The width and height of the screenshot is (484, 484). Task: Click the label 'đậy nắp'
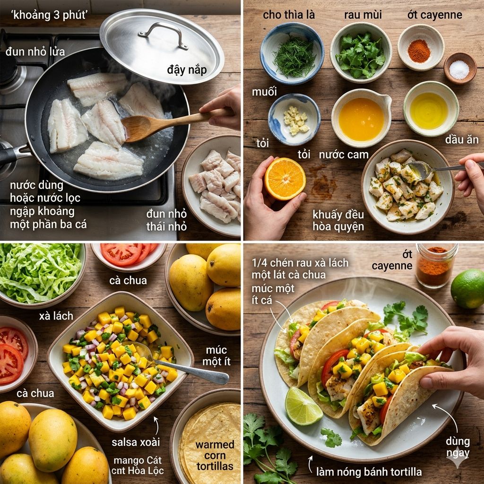coord(187,70)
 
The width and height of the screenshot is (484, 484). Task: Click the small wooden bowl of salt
coord(460,68)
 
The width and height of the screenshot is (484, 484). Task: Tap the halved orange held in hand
coord(285,179)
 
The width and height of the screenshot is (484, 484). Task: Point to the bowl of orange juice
coord(362,118)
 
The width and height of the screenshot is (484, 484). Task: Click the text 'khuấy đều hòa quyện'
coord(338,220)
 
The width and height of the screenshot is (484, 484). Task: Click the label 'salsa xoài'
coord(136,442)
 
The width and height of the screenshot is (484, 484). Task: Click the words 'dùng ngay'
coord(458,447)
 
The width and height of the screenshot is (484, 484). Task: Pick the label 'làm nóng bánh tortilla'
coord(369,471)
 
